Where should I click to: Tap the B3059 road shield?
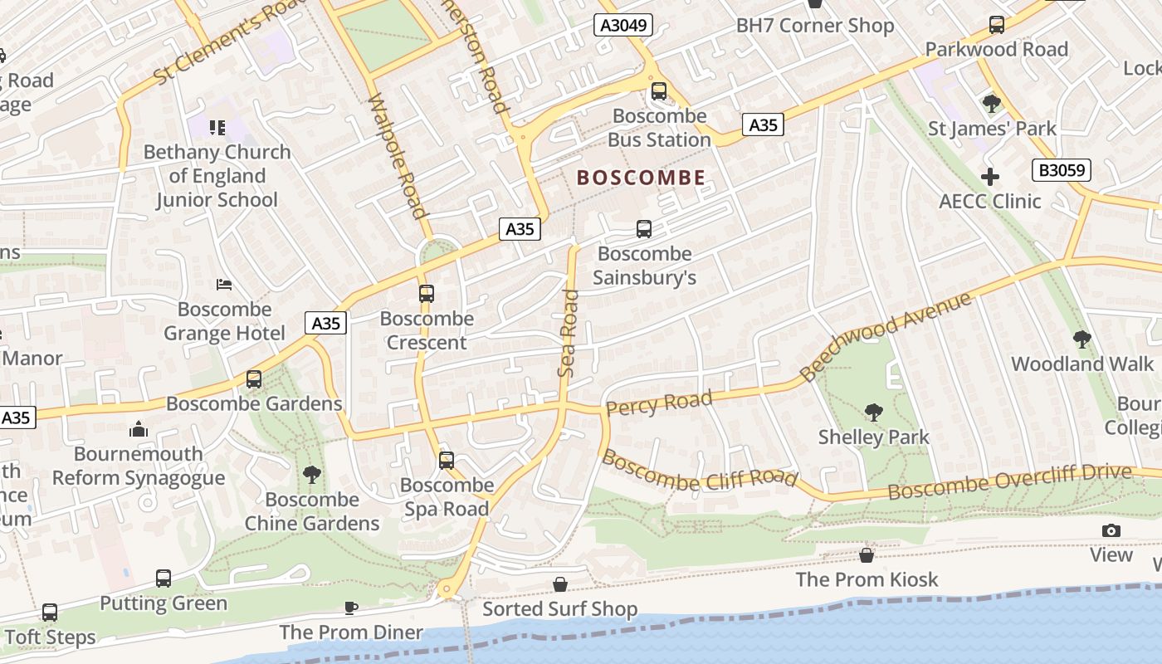point(1062,170)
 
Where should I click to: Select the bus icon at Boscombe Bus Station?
point(658,90)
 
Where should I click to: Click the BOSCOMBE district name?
point(641,178)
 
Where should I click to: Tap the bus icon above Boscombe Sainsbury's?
point(643,228)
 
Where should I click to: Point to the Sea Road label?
point(569,332)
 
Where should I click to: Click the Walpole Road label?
point(397,157)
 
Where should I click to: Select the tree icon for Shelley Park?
point(873,412)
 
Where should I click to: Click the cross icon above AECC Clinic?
point(989,176)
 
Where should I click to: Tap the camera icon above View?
point(1111,530)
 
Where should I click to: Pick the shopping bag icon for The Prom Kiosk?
point(867,554)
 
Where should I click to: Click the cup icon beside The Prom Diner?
point(350,608)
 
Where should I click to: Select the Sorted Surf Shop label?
point(560,609)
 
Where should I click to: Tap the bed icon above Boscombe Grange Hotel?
point(223,285)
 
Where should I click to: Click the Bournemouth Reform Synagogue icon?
point(139,429)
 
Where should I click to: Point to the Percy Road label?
point(659,403)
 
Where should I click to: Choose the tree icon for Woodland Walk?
point(1081,339)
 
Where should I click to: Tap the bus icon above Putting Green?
point(164,578)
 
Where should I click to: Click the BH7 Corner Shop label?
point(815,26)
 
